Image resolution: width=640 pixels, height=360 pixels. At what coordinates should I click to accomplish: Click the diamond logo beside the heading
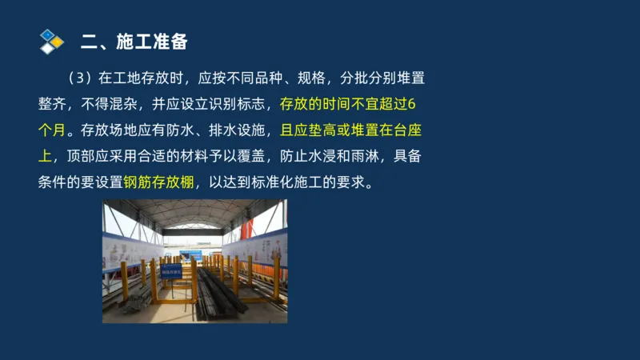[51, 40]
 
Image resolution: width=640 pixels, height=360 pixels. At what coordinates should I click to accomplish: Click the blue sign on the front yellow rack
[171, 271]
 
